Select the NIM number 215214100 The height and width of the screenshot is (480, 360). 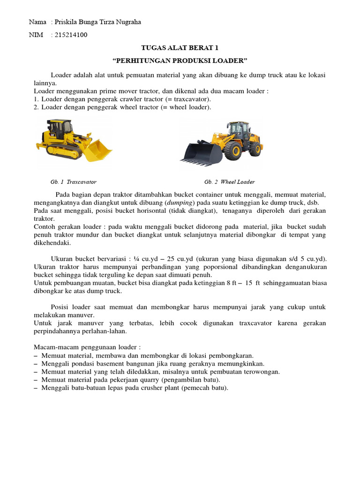coord(71,35)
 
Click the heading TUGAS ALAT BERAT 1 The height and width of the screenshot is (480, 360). coord(180,48)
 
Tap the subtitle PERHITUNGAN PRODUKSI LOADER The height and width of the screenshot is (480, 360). coord(180,61)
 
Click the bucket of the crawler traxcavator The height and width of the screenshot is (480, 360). coord(98,150)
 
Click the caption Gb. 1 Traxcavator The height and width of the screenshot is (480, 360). coord(73,182)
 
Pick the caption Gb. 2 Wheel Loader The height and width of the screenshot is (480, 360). coord(229,182)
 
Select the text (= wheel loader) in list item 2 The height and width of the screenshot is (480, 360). coord(189,107)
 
